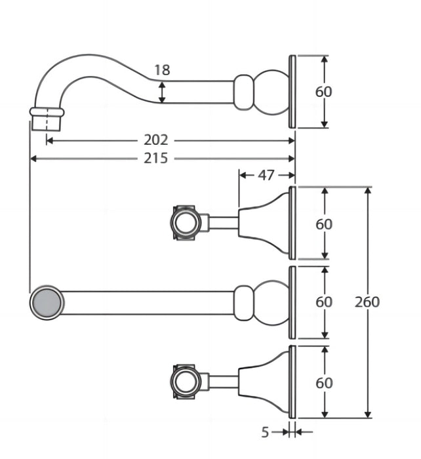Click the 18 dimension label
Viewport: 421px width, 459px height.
162,70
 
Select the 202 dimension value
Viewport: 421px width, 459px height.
156,140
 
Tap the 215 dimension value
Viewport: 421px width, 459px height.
156,159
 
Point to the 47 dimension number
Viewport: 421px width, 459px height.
266,175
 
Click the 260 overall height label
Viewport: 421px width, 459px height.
367,302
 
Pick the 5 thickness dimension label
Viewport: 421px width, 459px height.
265,432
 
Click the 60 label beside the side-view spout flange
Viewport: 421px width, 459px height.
323,92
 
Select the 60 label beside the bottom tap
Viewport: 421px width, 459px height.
324,383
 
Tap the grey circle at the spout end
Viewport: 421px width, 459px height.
47,302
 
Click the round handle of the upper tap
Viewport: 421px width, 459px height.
186,223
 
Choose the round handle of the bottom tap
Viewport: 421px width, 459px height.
186,381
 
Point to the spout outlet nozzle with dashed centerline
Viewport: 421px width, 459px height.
47,119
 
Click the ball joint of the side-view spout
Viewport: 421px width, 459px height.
271,92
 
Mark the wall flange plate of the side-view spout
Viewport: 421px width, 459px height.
292,92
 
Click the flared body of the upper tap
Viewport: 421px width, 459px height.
264,223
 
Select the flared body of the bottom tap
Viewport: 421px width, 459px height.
264,382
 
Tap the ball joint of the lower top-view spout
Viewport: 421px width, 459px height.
271,303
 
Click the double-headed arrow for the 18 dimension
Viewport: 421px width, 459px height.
162,92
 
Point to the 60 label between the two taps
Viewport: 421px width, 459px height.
324,302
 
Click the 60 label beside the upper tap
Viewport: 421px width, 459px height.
324,224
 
